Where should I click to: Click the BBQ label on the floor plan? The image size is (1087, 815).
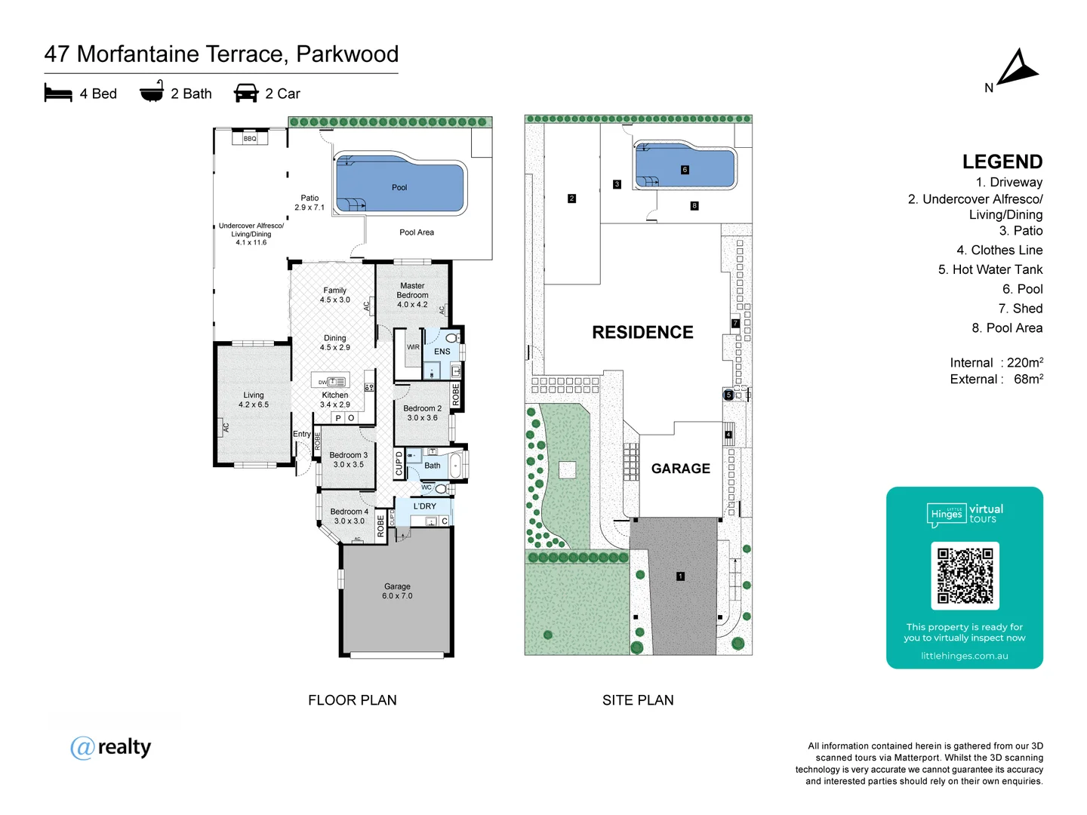[250, 139]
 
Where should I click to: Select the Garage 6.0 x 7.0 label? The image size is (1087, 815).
[397, 591]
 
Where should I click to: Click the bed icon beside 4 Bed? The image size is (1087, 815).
[58, 94]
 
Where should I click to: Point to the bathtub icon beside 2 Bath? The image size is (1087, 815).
[152, 91]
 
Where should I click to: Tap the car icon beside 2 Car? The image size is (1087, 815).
[246, 93]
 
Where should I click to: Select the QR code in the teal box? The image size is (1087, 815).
[965, 576]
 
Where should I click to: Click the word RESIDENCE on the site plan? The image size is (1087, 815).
[642, 333]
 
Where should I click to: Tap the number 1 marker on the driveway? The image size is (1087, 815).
[680, 577]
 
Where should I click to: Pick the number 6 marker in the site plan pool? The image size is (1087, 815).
[685, 170]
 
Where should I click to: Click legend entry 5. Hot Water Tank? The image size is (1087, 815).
[990, 269]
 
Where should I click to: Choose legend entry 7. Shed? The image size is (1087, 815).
[1020, 309]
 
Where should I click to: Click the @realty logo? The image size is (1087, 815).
[111, 747]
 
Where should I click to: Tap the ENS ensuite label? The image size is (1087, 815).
[442, 352]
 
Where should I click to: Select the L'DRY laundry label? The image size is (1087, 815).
[424, 506]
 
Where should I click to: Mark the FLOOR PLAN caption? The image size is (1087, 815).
[352, 700]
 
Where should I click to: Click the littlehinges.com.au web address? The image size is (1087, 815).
[964, 656]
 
